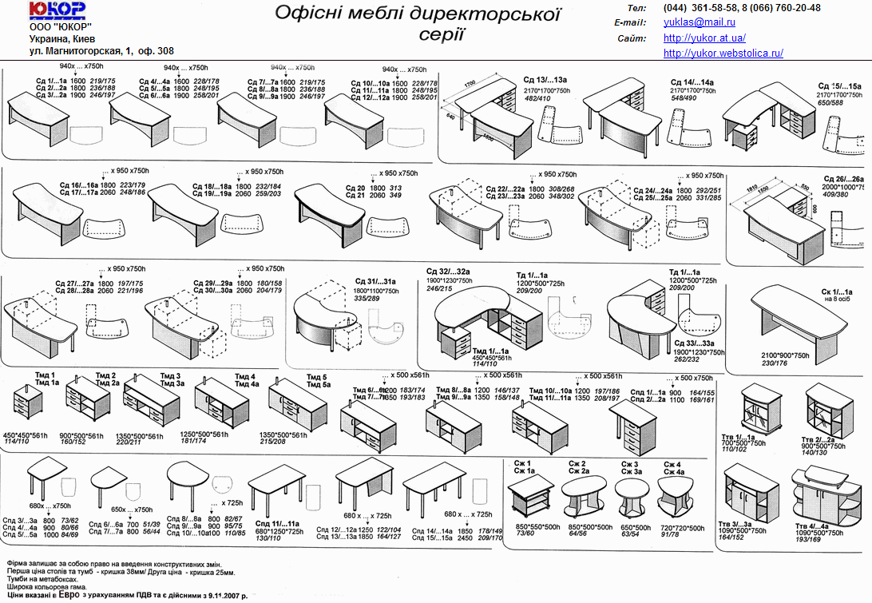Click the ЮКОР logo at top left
point(57,10)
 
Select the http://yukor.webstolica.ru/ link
point(723,53)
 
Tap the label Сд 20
point(355,188)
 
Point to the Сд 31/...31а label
point(375,281)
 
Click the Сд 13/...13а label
point(545,80)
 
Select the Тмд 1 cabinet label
point(44,375)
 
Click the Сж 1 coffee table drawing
point(533,497)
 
